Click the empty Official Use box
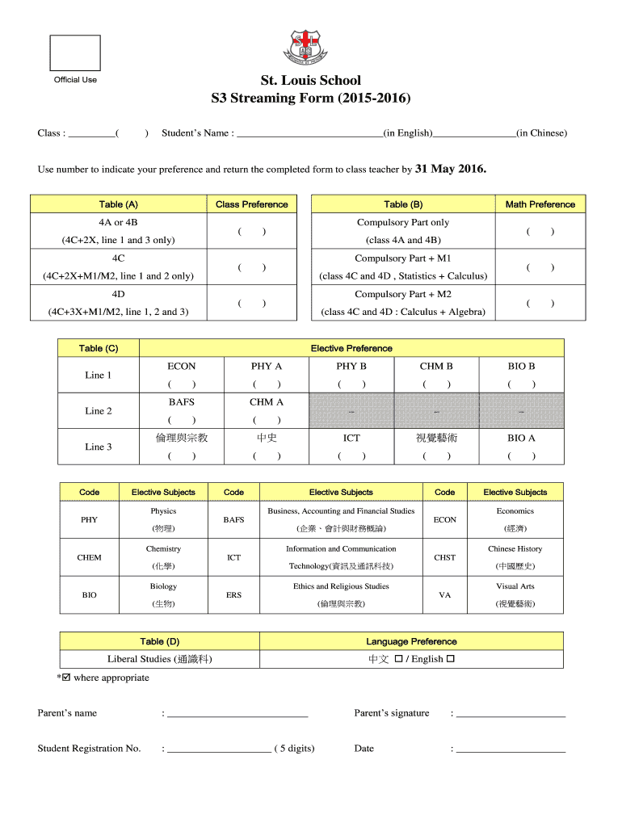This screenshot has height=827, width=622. coord(75,53)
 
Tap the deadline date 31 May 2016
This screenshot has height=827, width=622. coord(451,170)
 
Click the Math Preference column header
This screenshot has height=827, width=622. coord(540,204)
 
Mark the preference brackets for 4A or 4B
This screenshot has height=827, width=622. coord(252,232)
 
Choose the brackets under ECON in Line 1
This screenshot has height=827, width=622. coord(182,384)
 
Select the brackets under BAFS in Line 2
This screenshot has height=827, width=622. coord(182,420)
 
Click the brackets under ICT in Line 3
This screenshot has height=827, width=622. coord(351,456)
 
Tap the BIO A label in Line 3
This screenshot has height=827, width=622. coord(521,438)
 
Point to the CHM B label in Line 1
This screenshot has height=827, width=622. coord(436,366)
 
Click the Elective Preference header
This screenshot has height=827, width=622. coord(351,348)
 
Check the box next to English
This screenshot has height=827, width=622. coord(451,659)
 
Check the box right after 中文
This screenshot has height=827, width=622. coord(399,659)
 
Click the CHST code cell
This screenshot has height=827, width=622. coord(444,557)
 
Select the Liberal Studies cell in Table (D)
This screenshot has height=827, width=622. coord(160,659)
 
